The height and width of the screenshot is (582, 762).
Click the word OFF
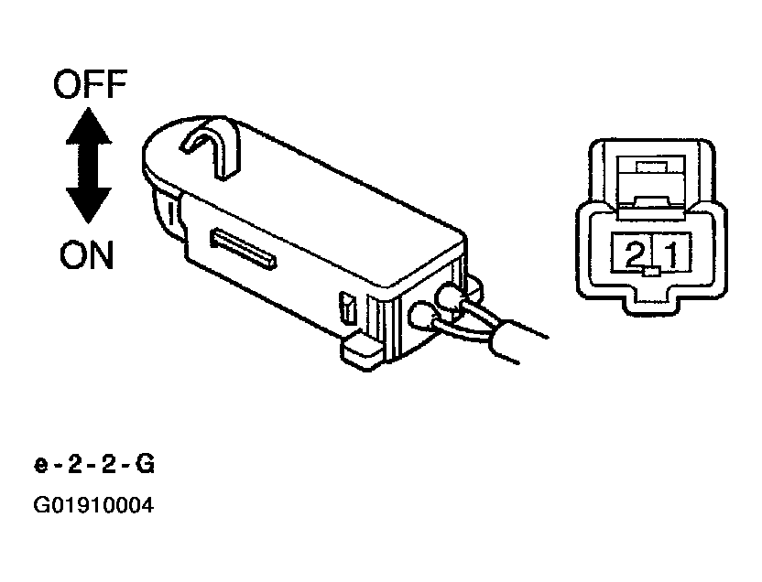click(91, 84)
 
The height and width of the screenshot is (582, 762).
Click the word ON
click(86, 254)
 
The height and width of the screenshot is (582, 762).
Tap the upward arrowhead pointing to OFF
click(89, 125)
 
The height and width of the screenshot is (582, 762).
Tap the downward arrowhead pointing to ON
click(89, 205)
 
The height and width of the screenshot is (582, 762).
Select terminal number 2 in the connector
click(633, 253)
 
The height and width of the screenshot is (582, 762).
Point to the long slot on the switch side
click(244, 249)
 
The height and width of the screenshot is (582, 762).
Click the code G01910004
click(93, 505)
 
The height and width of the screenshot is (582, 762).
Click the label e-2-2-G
click(93, 465)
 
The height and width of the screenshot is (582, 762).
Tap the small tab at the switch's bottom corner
click(361, 352)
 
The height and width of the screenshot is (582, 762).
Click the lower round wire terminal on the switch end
click(423, 317)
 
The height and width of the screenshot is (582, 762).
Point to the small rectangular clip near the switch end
click(348, 307)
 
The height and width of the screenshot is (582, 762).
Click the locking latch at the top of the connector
click(650, 182)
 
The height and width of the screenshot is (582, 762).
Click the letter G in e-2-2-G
click(145, 465)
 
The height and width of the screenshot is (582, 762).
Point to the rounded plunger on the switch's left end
click(167, 213)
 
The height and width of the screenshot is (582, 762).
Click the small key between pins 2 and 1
click(650, 272)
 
